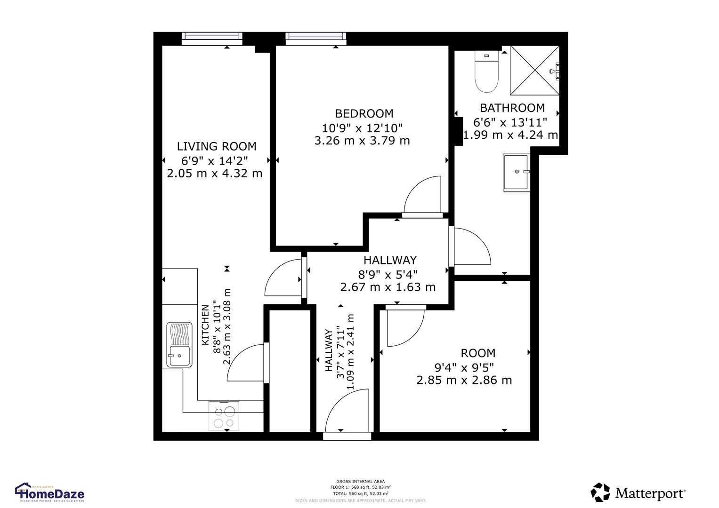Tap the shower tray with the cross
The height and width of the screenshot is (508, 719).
click(535, 70)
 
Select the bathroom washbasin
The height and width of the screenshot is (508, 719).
click(517, 172)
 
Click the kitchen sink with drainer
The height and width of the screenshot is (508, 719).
click(179, 345)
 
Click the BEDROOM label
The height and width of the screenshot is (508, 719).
click(364, 113)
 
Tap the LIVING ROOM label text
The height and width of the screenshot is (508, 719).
click(217, 146)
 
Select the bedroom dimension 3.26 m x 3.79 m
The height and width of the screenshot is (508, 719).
click(362, 141)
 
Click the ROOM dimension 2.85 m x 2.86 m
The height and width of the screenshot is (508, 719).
click(464, 380)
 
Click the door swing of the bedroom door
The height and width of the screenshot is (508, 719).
click(423, 195)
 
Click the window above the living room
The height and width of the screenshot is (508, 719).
click(212, 38)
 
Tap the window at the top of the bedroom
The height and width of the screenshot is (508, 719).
click(315, 38)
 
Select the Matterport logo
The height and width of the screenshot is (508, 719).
click(638, 492)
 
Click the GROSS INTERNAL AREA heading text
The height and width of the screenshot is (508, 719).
click(360, 481)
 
